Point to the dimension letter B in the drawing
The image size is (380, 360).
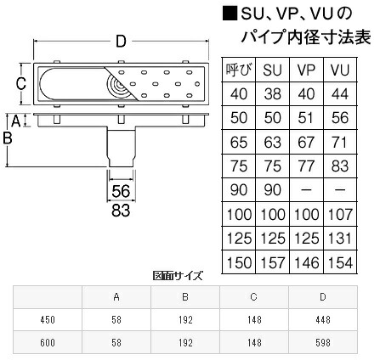(x=9, y=138)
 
